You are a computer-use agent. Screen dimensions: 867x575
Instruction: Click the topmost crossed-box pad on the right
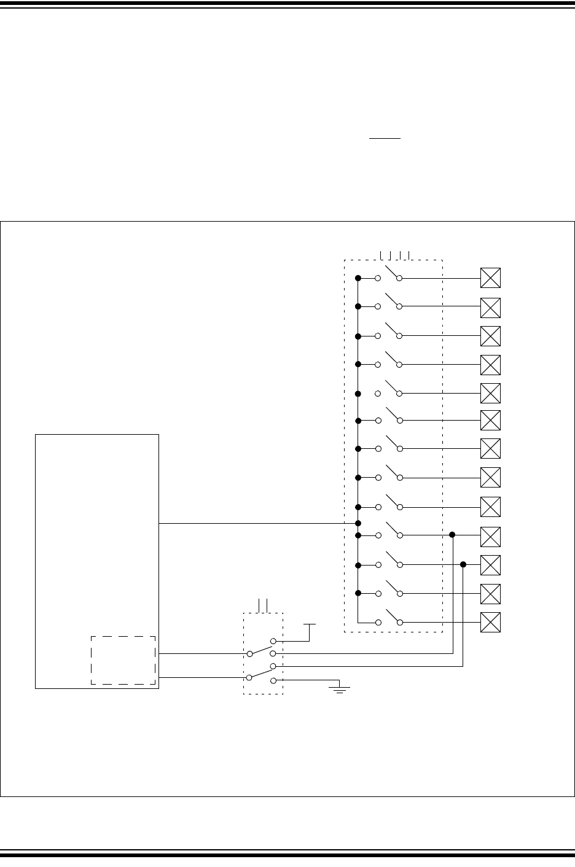(x=490, y=278)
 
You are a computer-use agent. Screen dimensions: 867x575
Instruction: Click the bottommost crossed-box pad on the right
(x=490, y=622)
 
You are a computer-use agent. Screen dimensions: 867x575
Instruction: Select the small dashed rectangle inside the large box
(x=123, y=660)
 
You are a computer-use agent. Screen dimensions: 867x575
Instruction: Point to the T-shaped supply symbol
(x=310, y=628)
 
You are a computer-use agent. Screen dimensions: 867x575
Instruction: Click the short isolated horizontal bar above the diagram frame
(x=385, y=139)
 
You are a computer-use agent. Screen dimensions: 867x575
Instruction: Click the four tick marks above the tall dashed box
(x=395, y=254)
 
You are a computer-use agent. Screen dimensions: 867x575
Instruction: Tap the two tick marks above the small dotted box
(x=264, y=605)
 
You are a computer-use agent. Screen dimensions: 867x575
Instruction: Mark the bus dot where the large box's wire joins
(x=358, y=523)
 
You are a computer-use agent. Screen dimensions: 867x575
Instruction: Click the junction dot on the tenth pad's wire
(x=453, y=535)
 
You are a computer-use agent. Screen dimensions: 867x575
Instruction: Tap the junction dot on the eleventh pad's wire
(x=463, y=564)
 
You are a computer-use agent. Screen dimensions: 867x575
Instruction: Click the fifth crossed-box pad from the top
(x=490, y=393)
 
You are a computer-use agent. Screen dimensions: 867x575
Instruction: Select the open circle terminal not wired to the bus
(x=378, y=393)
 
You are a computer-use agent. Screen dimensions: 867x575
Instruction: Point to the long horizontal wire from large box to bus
(x=258, y=523)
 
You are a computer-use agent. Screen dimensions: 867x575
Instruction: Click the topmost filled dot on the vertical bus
(x=358, y=278)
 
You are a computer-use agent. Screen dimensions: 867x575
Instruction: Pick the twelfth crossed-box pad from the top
(x=490, y=593)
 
